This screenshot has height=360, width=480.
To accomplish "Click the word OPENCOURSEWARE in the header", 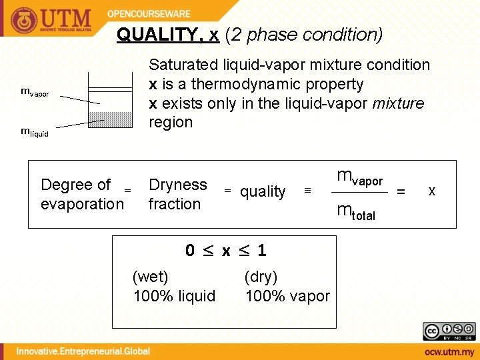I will point(149,13).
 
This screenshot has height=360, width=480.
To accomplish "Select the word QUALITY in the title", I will point(157,35).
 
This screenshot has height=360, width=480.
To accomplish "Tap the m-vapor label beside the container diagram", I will point(35,93).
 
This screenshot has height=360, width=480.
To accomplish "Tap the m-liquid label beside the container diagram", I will point(35,132).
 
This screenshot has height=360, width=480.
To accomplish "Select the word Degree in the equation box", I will point(67,184).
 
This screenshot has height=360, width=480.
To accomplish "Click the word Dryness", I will point(178,184).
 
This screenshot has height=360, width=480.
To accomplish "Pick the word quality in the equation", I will point(263,192).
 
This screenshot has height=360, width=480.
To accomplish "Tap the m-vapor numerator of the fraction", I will point(359,177).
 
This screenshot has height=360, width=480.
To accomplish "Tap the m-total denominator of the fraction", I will point(356,212).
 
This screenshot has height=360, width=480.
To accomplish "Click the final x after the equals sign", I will point(431,191).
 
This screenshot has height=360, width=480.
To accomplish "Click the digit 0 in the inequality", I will point(190,251).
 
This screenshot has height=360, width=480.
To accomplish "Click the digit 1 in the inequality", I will point(262,251).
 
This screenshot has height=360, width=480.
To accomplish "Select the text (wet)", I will point(151,276).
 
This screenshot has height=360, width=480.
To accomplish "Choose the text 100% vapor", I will point(287,296).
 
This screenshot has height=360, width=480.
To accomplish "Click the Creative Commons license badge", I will point(449,331).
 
